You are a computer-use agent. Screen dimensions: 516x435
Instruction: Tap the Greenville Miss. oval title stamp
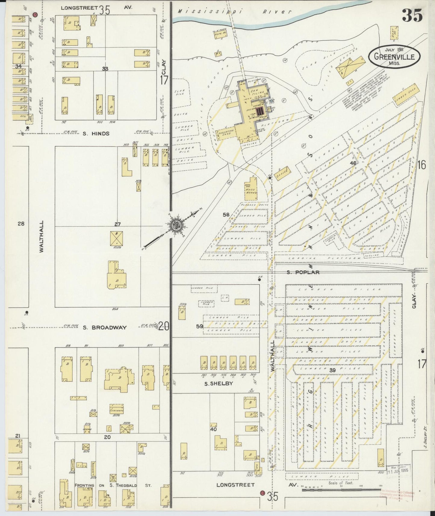click(394, 56)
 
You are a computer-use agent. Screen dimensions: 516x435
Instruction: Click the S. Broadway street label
click(104, 328)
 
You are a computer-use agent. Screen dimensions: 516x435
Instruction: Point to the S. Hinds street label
click(96, 133)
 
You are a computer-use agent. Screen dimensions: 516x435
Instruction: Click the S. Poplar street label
click(303, 272)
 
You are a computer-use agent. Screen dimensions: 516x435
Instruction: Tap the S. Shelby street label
click(214, 384)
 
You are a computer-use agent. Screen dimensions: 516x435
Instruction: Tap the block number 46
click(353, 163)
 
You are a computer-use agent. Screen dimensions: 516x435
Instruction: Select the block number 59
click(199, 326)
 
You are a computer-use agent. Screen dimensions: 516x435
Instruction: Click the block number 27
click(117, 224)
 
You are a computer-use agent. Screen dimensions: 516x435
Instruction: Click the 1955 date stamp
click(399, 469)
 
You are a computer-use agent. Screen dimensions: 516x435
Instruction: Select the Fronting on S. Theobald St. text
click(113, 485)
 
